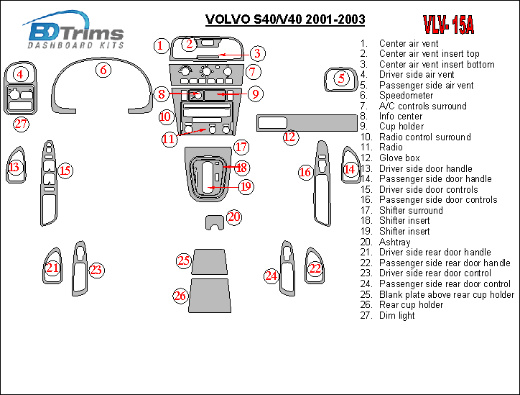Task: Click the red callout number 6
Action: pyautogui.click(x=103, y=70)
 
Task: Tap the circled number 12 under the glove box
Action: pyautogui.click(x=290, y=137)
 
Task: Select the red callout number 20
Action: pyautogui.click(x=234, y=217)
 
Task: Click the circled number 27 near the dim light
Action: pyautogui.click(x=21, y=124)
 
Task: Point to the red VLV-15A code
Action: pyautogui.click(x=449, y=24)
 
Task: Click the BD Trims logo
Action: pyautogui.click(x=74, y=30)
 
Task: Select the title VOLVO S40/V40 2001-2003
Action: pyautogui.click(x=285, y=19)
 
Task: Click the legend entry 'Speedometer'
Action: pyautogui.click(x=406, y=96)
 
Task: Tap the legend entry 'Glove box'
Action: pyautogui.click(x=399, y=158)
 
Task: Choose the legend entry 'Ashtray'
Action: pyautogui.click(x=394, y=242)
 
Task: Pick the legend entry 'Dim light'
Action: pyautogui.click(x=396, y=315)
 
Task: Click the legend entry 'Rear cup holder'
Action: pyautogui.click(x=412, y=304)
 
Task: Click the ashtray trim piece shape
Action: pyautogui.click(x=214, y=220)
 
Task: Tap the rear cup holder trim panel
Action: pyautogui.click(x=210, y=296)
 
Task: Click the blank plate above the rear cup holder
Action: pyautogui.click(x=210, y=261)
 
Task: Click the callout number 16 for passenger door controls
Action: pyautogui.click(x=305, y=172)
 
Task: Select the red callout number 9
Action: pyautogui.click(x=255, y=94)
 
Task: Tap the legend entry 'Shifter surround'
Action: pyautogui.click(x=411, y=210)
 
